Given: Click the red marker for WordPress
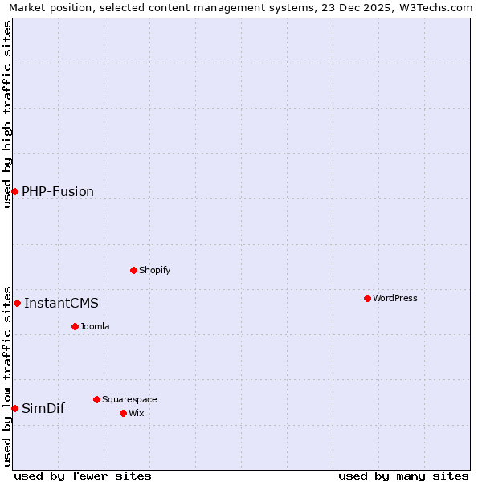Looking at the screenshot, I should click(x=367, y=298).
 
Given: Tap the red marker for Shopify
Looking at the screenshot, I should click(x=133, y=270).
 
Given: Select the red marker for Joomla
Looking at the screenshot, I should click(x=75, y=326).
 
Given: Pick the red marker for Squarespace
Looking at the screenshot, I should click(x=96, y=399).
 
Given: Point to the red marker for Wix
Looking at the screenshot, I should click(x=123, y=413).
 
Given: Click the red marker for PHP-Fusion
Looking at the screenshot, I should click(x=14, y=191).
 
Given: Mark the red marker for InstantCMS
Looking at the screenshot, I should click(x=17, y=303).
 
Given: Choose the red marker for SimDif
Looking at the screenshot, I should click(x=14, y=408).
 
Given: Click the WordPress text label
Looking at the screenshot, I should click(x=395, y=298).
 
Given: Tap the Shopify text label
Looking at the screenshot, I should click(x=155, y=270).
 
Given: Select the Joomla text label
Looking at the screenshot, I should click(x=95, y=326).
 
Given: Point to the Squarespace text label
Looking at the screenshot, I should click(x=129, y=399).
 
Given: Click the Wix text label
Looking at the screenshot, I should click(x=137, y=413).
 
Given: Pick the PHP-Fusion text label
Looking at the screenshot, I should click(x=58, y=191).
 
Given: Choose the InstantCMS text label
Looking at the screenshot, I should click(x=61, y=303).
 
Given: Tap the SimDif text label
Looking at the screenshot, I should click(x=43, y=408).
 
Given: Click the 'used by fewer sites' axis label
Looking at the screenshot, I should click(x=83, y=476).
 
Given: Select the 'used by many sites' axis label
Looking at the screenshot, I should click(x=403, y=476).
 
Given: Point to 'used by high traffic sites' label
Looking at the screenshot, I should click(x=7, y=114).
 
